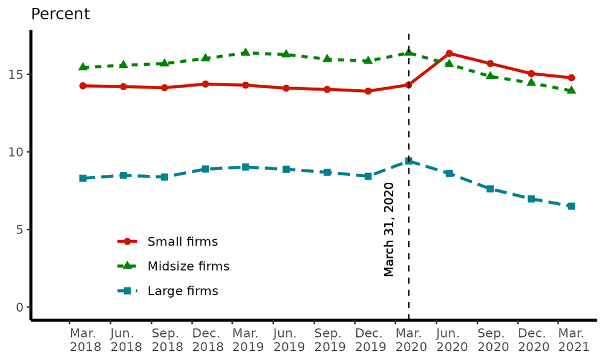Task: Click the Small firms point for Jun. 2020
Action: coord(449,53)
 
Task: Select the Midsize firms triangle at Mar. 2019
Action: coord(246,53)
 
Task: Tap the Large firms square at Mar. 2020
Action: coord(408,161)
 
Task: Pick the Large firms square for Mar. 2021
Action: coord(571,206)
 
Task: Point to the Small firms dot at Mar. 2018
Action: coord(83,86)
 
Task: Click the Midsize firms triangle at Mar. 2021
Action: coord(571,90)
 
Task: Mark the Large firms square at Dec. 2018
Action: coord(205,169)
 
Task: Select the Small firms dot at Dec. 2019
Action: coord(368,91)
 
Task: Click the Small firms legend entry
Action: coord(182,242)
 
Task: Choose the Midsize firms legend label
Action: coord(188,266)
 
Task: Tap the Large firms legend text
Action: coord(183,291)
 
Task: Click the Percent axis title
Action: coord(60,14)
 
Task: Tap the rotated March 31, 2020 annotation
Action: coord(389,229)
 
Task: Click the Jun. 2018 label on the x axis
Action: coord(126,340)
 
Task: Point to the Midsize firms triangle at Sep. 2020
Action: coord(490,76)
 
